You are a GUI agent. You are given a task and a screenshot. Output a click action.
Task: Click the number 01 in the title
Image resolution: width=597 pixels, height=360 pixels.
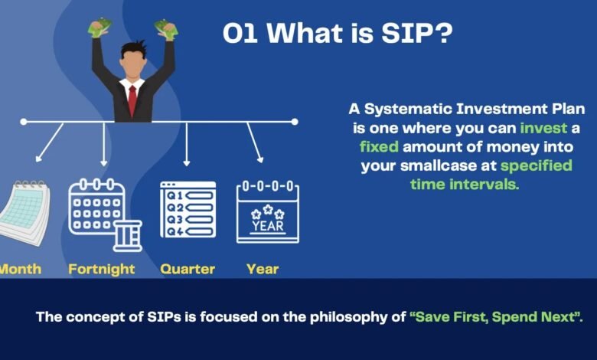pos(240,33)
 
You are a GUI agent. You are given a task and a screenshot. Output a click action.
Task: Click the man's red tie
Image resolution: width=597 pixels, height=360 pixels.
pos(132,100)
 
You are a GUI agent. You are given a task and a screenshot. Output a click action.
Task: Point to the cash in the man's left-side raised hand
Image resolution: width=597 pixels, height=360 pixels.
pos(100,28)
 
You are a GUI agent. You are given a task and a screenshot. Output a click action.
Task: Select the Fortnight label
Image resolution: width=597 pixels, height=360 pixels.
pos(102,270)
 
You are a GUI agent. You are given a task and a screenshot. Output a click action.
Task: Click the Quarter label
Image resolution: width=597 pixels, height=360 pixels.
pos(188,269)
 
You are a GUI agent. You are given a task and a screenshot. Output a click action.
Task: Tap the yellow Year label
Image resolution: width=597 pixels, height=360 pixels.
pos(263,269)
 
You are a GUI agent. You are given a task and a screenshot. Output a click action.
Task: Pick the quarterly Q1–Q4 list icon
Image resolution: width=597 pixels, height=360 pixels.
pos(188,210)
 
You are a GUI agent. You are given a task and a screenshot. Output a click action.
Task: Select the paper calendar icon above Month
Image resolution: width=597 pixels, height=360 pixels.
pos(24,212)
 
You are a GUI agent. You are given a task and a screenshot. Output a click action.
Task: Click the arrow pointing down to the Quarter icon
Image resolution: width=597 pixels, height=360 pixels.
pos(186,144)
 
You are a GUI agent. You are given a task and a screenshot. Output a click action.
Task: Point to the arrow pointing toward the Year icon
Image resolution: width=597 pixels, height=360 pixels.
pos(255,142)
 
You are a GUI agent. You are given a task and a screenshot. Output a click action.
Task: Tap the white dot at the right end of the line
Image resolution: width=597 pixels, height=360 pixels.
pos(295,122)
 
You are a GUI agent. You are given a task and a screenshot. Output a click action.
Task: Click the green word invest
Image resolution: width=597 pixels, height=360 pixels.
pos(543,128)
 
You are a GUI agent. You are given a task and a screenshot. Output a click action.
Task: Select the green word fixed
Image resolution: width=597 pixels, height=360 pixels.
pos(379,146)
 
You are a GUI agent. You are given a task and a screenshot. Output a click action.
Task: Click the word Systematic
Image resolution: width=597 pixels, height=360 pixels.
pos(408,110)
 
